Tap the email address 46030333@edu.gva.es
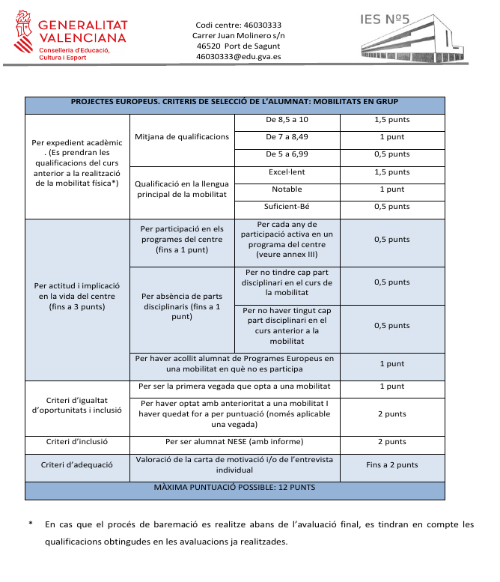(238, 56)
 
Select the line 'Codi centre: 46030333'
(238, 25)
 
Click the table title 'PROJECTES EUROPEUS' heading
(234, 102)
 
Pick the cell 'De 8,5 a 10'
(287, 120)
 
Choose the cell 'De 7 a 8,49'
(287, 137)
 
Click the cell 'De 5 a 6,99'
(287, 154)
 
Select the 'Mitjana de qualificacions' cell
(182, 137)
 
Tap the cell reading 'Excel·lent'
(287, 172)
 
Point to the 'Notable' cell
(287, 190)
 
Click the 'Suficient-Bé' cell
(287, 207)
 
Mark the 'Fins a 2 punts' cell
(391, 465)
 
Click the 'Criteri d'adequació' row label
(79, 465)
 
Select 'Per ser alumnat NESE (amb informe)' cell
(234, 442)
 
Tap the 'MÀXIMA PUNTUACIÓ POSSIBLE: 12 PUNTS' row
(234, 488)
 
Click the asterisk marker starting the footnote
(30, 525)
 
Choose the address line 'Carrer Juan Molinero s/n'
(238, 35)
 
